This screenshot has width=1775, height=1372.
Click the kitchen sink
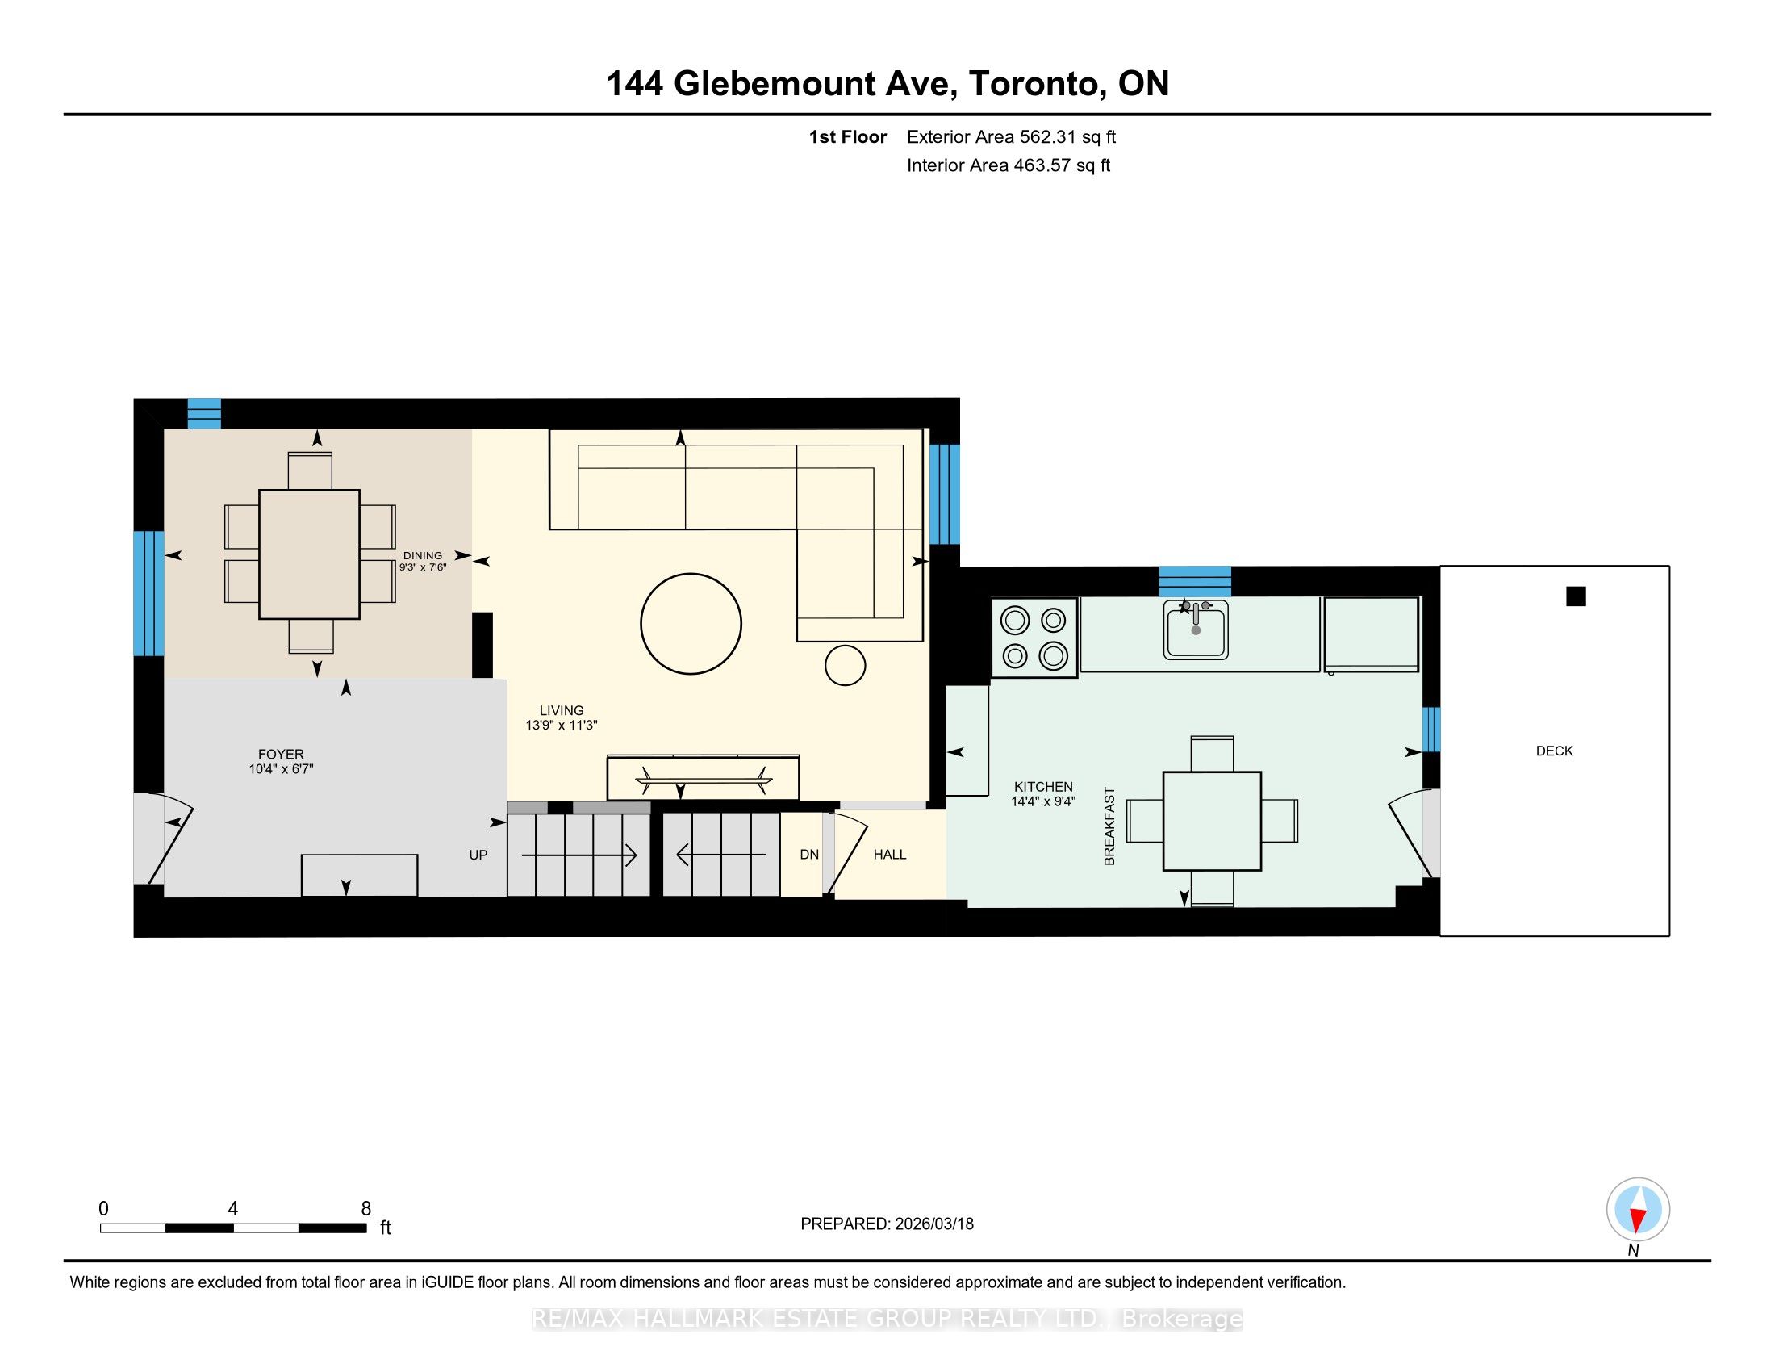click(x=1195, y=630)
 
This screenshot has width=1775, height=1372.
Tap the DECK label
click(x=1554, y=751)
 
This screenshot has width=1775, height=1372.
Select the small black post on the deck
click(x=1576, y=596)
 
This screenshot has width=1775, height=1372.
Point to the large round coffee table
click(x=691, y=623)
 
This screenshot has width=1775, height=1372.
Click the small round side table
click(x=846, y=666)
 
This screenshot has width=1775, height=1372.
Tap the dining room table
click(x=309, y=554)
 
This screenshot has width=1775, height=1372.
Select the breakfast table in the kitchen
click(x=1212, y=821)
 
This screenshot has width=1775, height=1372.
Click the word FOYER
click(x=281, y=755)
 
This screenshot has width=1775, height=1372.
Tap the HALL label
click(x=890, y=854)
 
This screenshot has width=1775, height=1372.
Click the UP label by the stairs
click(x=478, y=854)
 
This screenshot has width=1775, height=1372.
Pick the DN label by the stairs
click(x=809, y=854)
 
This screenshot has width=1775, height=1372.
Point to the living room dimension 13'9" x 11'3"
click(x=562, y=725)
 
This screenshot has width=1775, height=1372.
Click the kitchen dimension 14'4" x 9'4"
click(x=1043, y=801)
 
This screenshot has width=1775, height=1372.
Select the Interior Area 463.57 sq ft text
click(x=1009, y=165)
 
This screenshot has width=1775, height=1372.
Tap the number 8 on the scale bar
click(x=366, y=1209)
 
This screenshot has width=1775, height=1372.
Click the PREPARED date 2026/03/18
click(x=933, y=1224)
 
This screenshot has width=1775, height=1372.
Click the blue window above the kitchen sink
click(x=1195, y=581)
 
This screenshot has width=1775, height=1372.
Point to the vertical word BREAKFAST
click(x=1109, y=826)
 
